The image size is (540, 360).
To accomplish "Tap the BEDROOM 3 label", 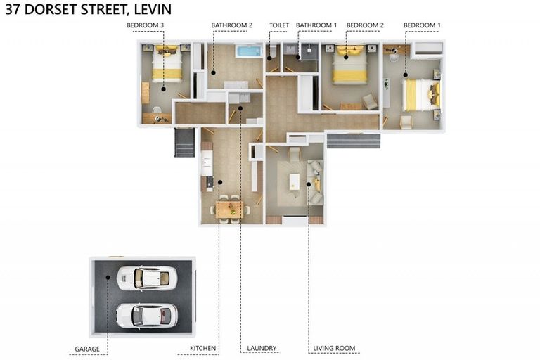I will (x=145, y=25).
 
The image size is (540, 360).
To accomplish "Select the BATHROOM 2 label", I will (x=231, y=25).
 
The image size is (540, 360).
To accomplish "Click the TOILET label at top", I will (x=279, y=25).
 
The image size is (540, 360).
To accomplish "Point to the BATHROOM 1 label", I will (x=316, y=25).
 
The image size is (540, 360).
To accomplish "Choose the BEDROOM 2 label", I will (x=365, y=25).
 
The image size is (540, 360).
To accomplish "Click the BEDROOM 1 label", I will (x=422, y=25).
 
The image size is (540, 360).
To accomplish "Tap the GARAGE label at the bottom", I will (x=87, y=348).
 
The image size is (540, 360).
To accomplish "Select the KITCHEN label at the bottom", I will (x=203, y=348).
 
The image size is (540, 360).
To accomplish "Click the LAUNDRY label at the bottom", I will (x=262, y=348).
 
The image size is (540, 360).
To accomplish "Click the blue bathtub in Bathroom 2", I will (x=248, y=51).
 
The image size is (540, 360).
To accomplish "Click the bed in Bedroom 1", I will (x=420, y=94).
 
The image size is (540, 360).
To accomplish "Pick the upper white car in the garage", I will (x=143, y=278).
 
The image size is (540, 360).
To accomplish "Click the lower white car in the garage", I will (x=146, y=316).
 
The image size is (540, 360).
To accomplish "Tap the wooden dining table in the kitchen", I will (x=230, y=209).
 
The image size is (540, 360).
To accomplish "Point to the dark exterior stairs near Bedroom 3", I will (x=184, y=142).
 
